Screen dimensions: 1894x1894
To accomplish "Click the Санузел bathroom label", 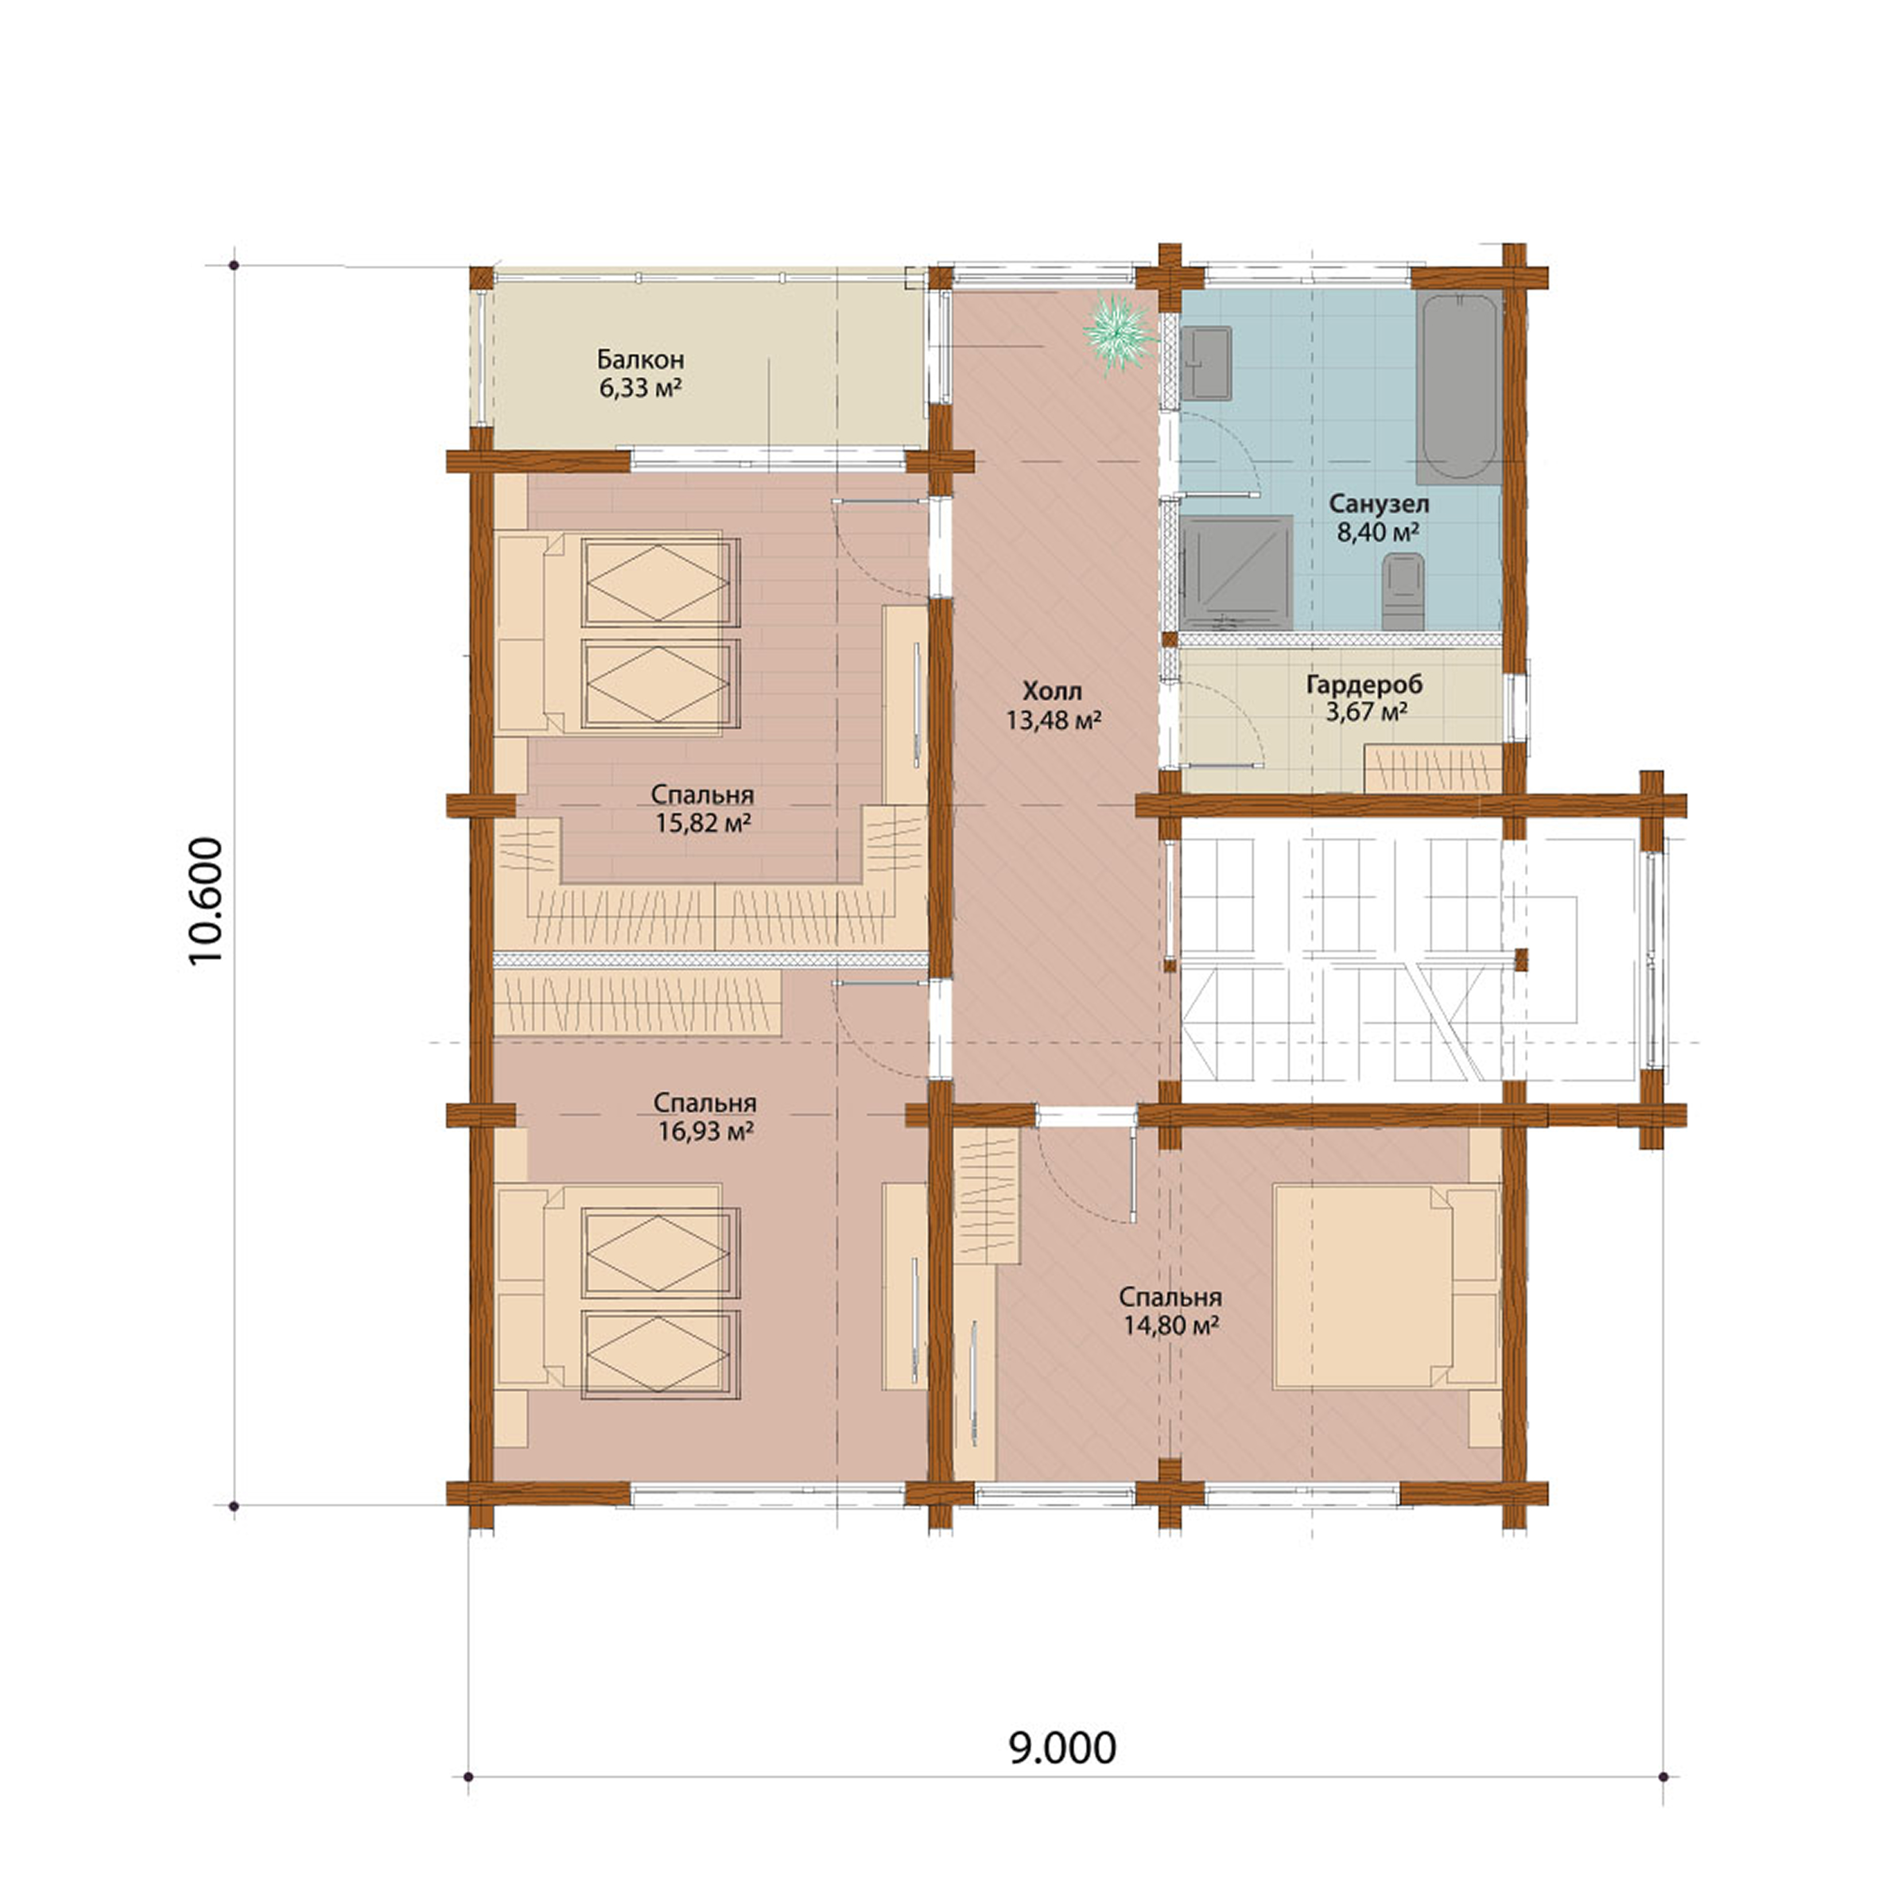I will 1379,504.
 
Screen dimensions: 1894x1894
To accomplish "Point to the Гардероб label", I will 1364,684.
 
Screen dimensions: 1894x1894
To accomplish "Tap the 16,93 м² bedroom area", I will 705,1132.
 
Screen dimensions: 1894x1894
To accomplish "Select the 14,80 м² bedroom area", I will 1170,1326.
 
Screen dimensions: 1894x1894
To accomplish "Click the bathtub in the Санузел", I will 1459,387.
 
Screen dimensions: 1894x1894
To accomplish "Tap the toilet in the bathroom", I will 1402,591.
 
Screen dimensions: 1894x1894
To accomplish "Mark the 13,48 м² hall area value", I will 1053,721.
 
